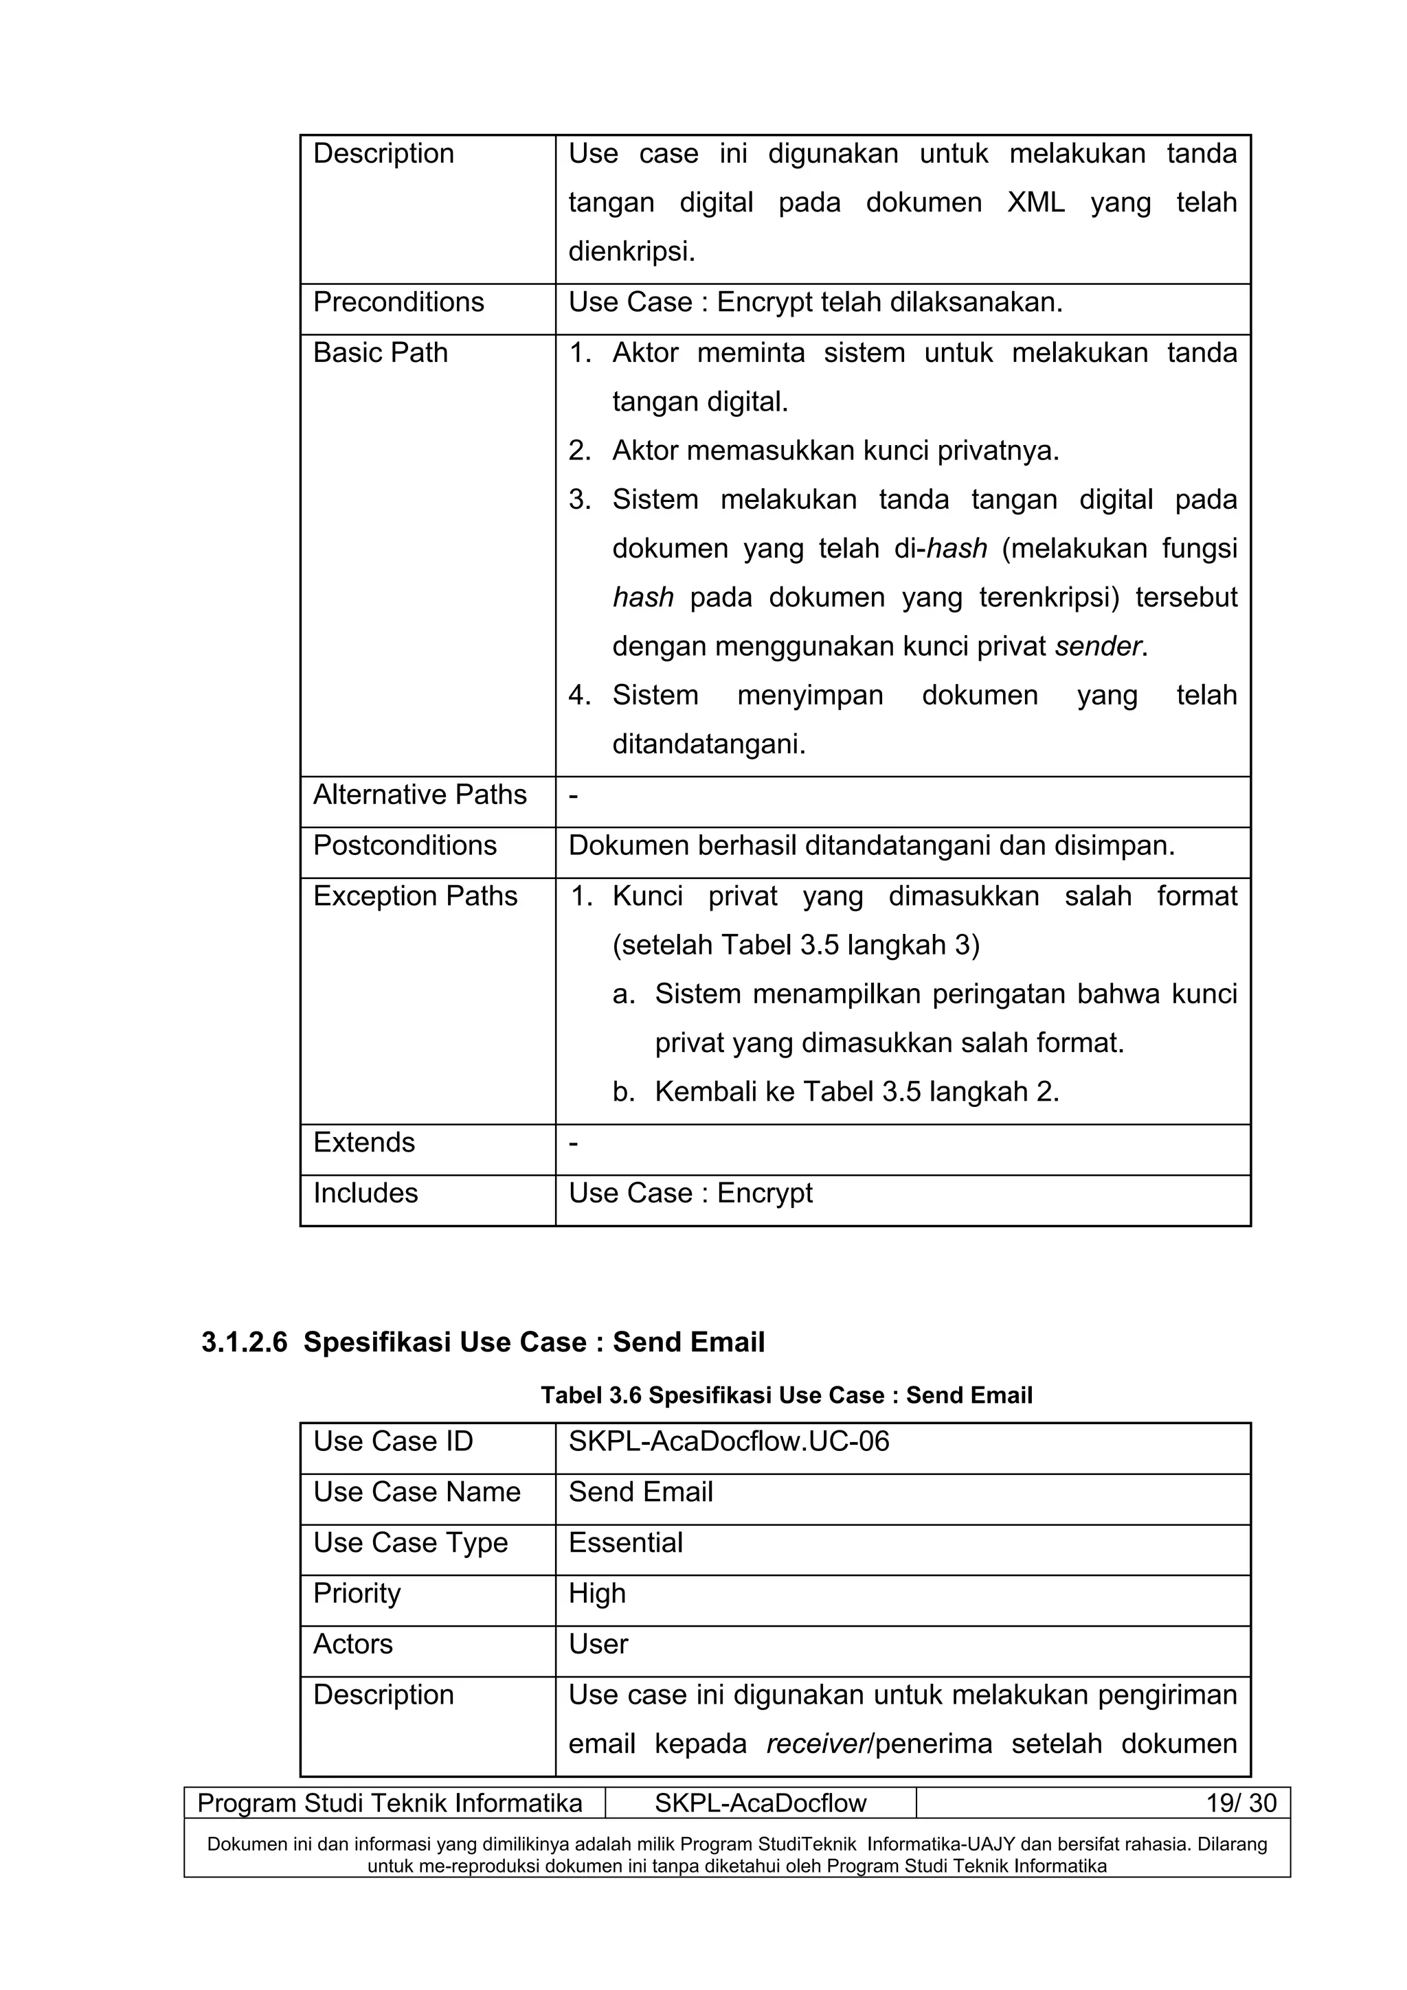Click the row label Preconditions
pyautogui.click(x=398, y=303)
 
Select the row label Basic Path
pyautogui.click(x=380, y=353)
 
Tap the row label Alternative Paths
pyautogui.click(x=420, y=794)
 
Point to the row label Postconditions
pyautogui.click(x=405, y=845)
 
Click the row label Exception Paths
pyautogui.click(x=414, y=896)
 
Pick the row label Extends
pyautogui.click(x=364, y=1143)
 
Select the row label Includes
pyautogui.click(x=365, y=1193)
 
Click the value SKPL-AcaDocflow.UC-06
pyautogui.click(x=728, y=1441)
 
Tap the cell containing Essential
pyautogui.click(x=625, y=1543)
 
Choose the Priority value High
pyautogui.click(x=596, y=1593)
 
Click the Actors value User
pyautogui.click(x=598, y=1644)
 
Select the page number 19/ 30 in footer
pyautogui.click(x=1241, y=1804)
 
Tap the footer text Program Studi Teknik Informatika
pyautogui.click(x=390, y=1804)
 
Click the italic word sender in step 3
pyautogui.click(x=1099, y=647)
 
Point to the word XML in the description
pyautogui.click(x=1035, y=203)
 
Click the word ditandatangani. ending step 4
pyautogui.click(x=708, y=744)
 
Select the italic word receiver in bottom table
pyautogui.click(x=815, y=1744)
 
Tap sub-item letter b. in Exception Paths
pyautogui.click(x=623, y=1092)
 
